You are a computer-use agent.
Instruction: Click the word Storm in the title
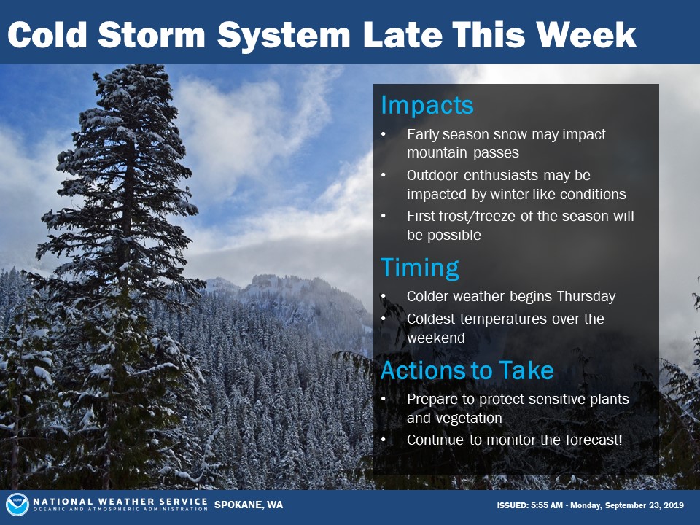tap(152, 34)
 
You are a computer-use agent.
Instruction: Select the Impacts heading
tap(427, 106)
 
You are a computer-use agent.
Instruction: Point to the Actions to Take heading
tap(467, 370)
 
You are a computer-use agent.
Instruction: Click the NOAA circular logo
tap(17, 505)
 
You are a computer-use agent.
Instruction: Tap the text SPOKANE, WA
tap(249, 505)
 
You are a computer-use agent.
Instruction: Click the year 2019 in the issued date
tap(674, 505)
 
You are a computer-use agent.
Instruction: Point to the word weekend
tap(436, 338)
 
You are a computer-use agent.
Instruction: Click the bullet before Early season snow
tap(384, 134)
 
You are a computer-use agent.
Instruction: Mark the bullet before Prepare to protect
tap(384, 399)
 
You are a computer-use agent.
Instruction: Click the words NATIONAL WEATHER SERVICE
tap(120, 502)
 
